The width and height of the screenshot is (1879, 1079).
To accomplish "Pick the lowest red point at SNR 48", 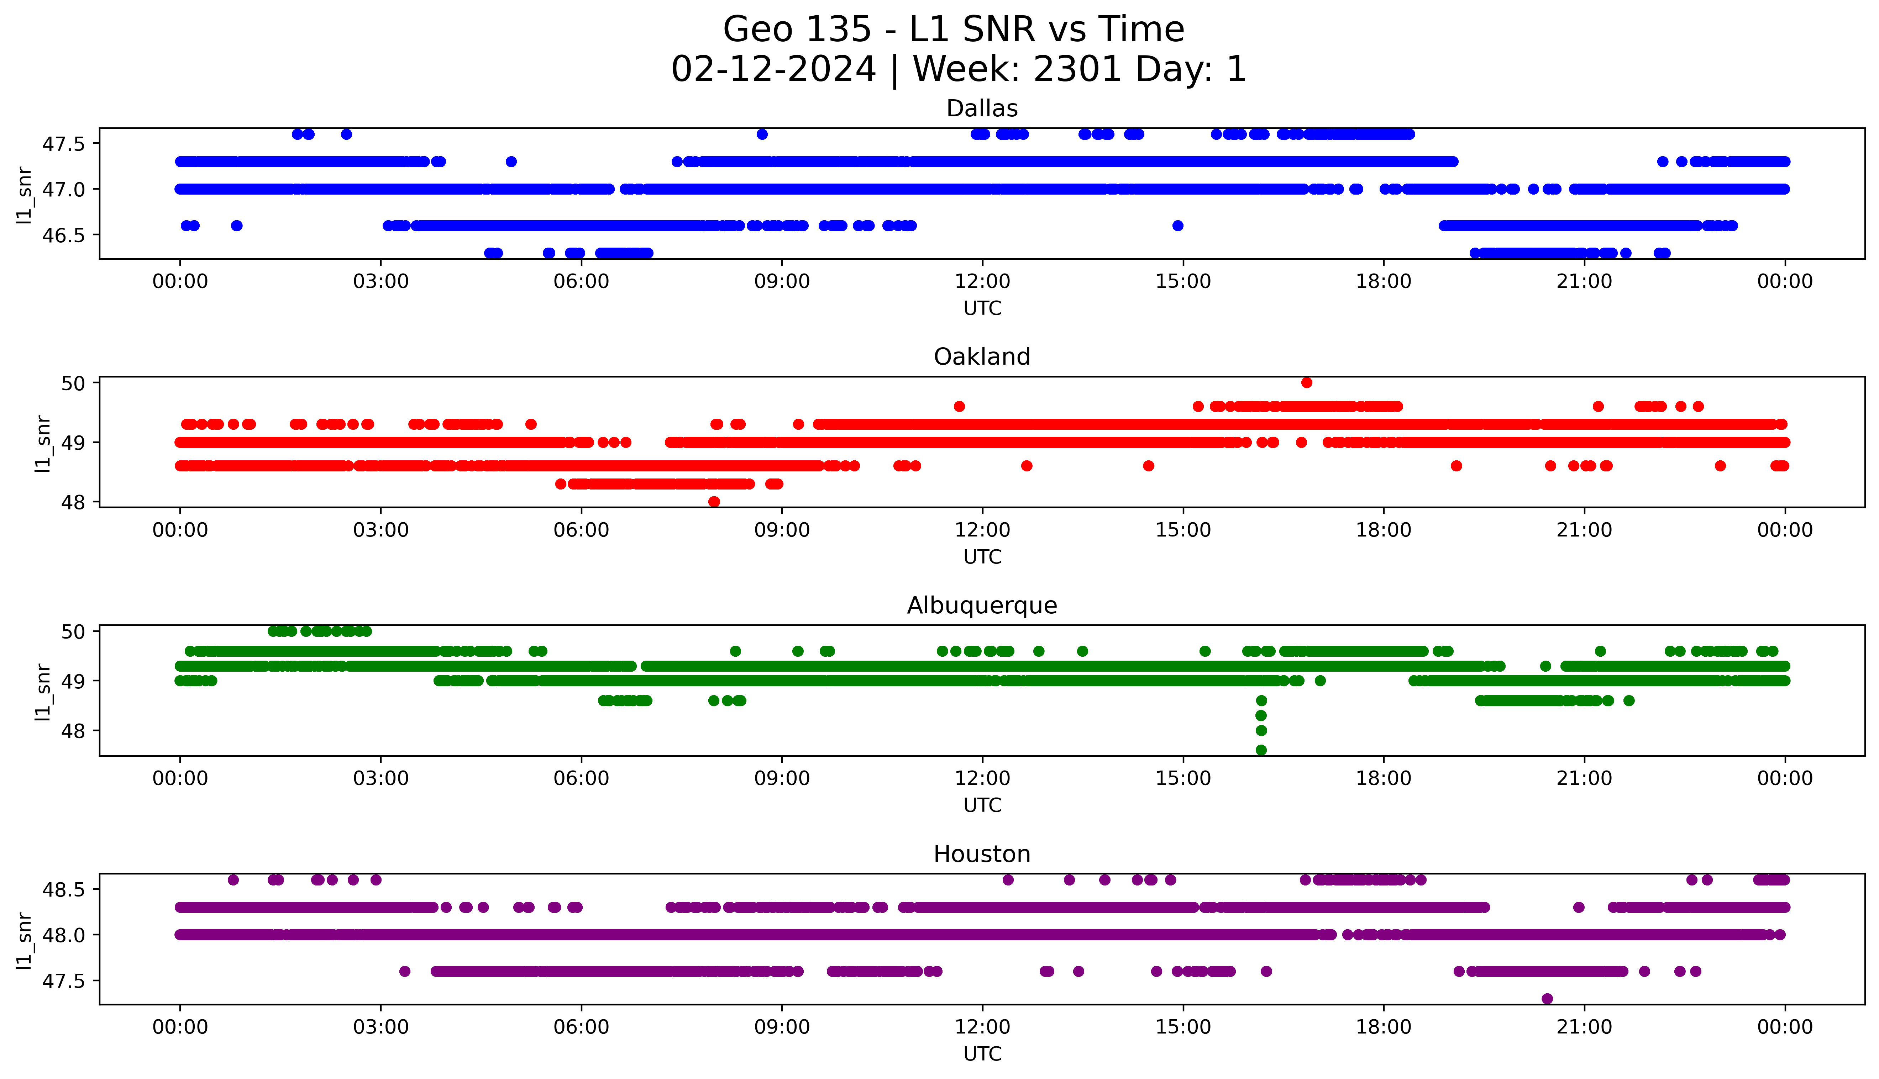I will click(714, 502).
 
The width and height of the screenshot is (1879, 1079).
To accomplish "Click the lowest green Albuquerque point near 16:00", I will click(1261, 750).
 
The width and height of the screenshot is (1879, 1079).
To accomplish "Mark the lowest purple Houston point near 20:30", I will click(1547, 999).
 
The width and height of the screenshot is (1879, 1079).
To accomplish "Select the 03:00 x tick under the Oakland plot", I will click(381, 530).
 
